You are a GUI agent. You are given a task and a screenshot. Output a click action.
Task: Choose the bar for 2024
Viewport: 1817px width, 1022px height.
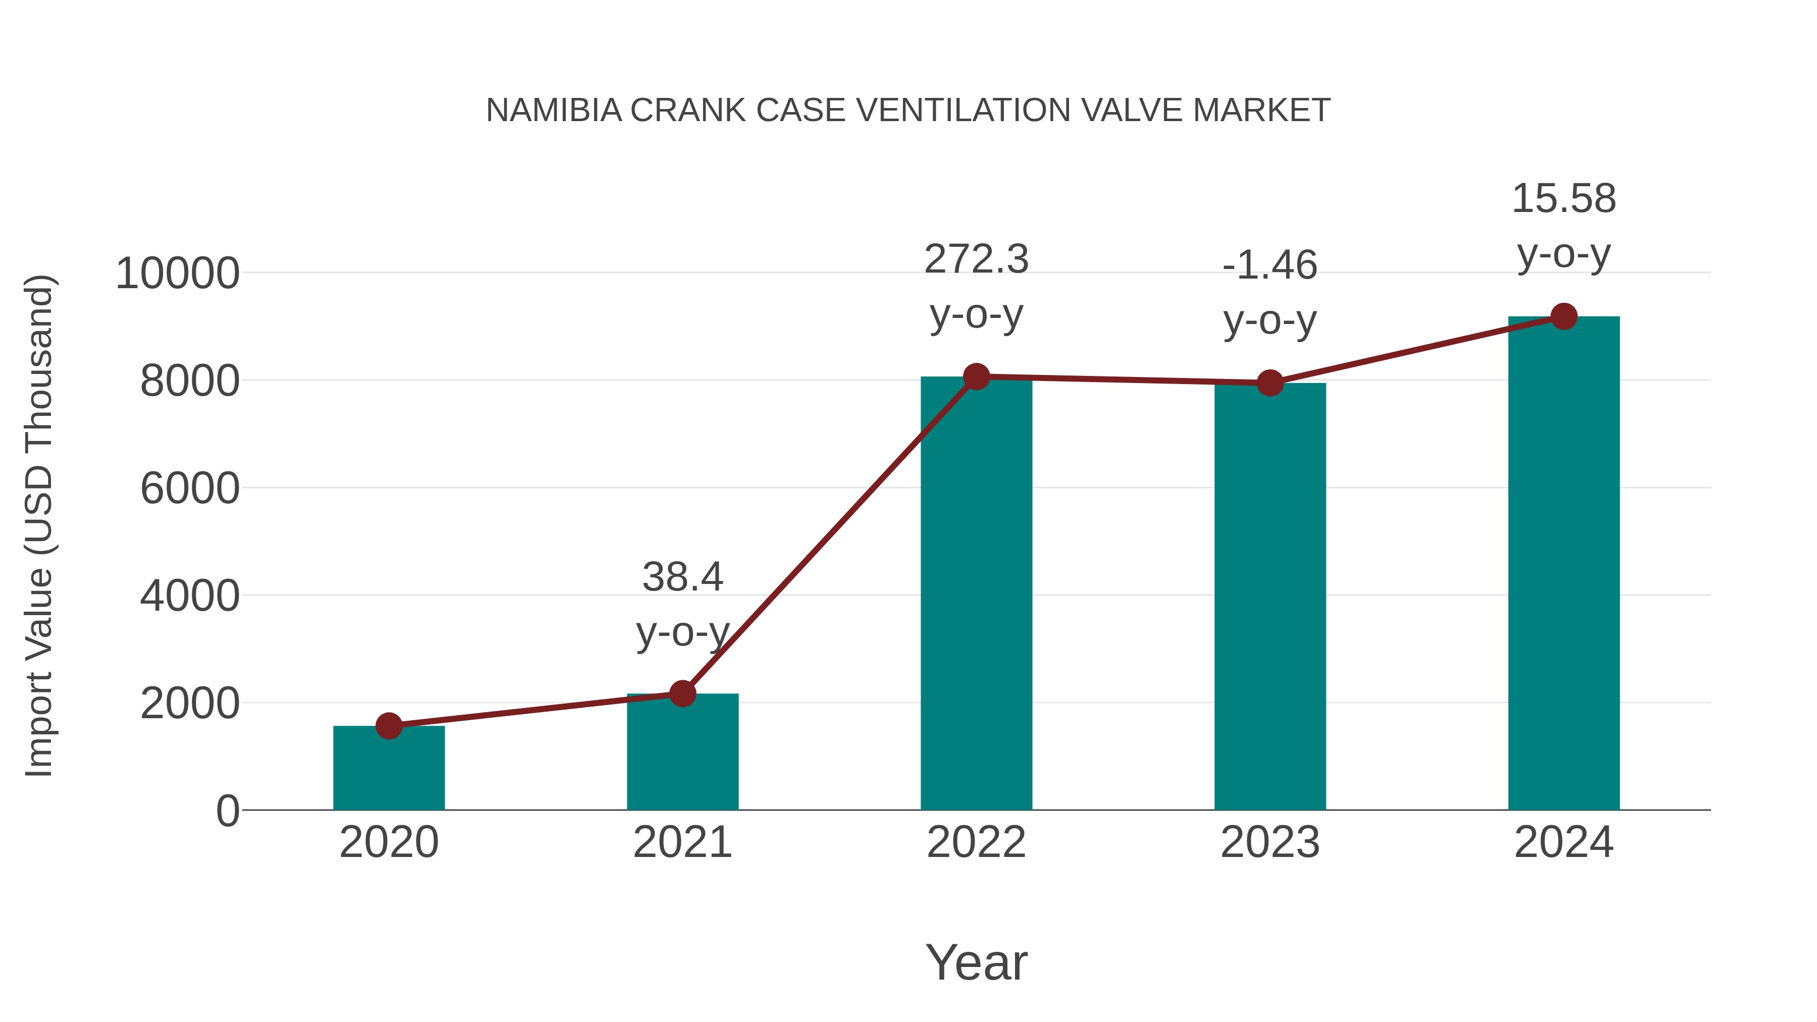click(1564, 564)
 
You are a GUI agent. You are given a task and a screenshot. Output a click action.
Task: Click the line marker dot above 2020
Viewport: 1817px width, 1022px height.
click(389, 726)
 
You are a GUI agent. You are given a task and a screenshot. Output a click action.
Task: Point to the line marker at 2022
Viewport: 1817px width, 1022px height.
click(976, 376)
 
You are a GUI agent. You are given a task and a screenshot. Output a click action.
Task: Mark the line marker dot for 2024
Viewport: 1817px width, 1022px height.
click(1564, 316)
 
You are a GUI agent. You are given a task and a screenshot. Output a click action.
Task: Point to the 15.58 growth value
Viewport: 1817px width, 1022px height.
click(1564, 198)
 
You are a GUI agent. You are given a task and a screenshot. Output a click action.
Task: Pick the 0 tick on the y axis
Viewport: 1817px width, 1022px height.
click(227, 811)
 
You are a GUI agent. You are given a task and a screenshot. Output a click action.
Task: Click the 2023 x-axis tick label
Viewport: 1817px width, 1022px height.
click(1270, 842)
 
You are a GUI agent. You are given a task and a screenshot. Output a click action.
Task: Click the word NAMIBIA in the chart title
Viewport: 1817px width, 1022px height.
click(554, 111)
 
